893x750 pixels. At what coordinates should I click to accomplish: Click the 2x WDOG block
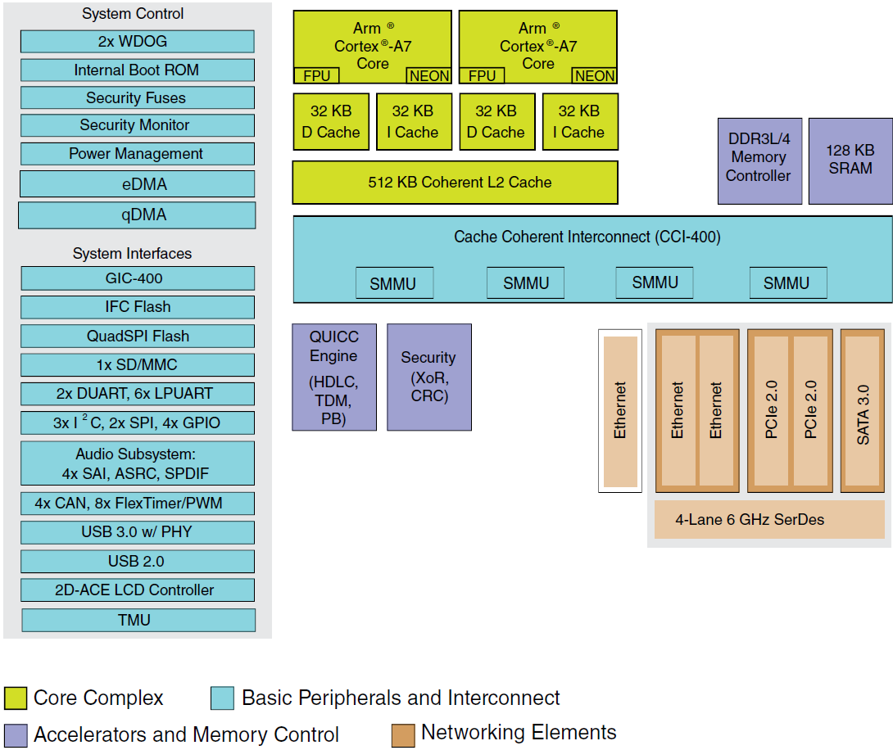coord(137,42)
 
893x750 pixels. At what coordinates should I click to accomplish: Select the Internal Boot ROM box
coord(137,70)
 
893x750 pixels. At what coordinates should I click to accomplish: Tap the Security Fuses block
coord(137,98)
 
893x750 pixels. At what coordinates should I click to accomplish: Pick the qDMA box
coord(137,215)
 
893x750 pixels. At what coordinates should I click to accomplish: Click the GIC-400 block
coord(137,278)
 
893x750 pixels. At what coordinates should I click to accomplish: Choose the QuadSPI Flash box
coord(137,336)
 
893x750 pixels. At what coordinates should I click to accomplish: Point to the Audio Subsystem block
coord(137,463)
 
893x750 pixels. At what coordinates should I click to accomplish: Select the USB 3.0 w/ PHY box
coord(137,532)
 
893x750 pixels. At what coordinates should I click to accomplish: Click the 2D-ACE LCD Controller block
coord(137,590)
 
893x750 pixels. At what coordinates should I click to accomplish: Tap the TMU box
coord(138,620)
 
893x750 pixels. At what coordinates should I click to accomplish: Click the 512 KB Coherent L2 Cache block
coord(455,183)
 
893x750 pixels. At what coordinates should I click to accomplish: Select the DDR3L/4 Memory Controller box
coord(759,161)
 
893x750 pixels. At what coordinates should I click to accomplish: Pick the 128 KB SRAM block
coord(850,161)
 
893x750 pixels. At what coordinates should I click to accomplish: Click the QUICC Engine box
coord(333,377)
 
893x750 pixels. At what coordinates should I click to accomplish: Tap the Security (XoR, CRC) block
coord(428,377)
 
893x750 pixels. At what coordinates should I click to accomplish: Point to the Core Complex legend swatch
coord(16,698)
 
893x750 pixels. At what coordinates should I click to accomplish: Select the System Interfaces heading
coord(132,254)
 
